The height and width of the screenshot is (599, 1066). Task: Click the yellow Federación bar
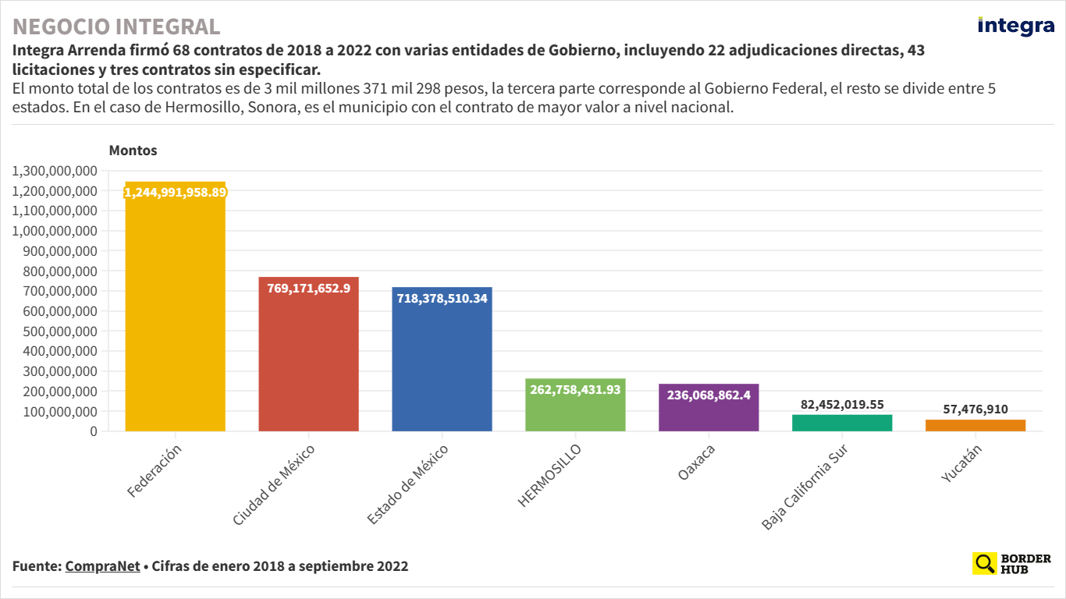[x=175, y=312]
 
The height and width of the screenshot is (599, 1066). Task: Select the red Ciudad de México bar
[x=308, y=359]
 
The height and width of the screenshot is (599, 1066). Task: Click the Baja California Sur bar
[x=842, y=423]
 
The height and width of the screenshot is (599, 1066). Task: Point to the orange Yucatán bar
[x=975, y=425]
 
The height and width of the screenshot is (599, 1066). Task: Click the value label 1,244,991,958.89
[x=176, y=192]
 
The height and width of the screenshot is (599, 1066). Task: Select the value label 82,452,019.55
[x=842, y=405]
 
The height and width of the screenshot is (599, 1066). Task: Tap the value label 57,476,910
[x=975, y=409]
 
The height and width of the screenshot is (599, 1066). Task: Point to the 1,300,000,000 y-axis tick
[x=55, y=171]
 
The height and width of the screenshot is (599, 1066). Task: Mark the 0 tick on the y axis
[x=93, y=431]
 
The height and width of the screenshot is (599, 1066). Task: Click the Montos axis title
[x=133, y=151]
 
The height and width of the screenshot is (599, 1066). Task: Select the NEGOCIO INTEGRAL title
[x=116, y=27]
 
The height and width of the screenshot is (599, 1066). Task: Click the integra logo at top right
[x=1015, y=26]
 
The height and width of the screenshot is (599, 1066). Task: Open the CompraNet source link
[x=101, y=566]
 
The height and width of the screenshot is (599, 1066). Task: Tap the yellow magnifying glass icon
[x=985, y=563]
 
